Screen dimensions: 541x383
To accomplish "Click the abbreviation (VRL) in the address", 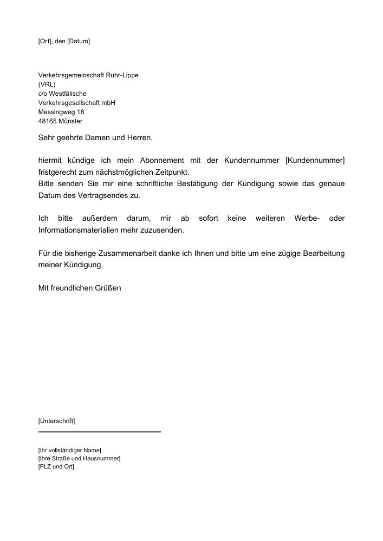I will click(x=47, y=84).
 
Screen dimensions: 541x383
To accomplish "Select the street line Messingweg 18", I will click(x=61, y=112).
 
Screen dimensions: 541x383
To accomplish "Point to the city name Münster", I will click(x=70, y=121).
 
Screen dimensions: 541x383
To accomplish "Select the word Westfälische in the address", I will click(x=68, y=94).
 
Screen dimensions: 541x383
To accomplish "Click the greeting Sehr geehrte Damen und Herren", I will click(x=96, y=138).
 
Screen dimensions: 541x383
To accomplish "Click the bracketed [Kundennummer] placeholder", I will click(x=315, y=161).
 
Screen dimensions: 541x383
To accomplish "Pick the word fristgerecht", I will click(x=57, y=172).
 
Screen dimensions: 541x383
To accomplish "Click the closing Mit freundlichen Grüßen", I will click(x=80, y=288).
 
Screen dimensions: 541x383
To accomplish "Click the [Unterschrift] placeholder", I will click(x=57, y=420).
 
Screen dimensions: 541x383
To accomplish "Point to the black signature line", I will click(x=100, y=432).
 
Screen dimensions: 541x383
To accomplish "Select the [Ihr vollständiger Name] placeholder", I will click(x=70, y=450).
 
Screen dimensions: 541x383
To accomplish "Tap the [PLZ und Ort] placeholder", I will click(x=56, y=467).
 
